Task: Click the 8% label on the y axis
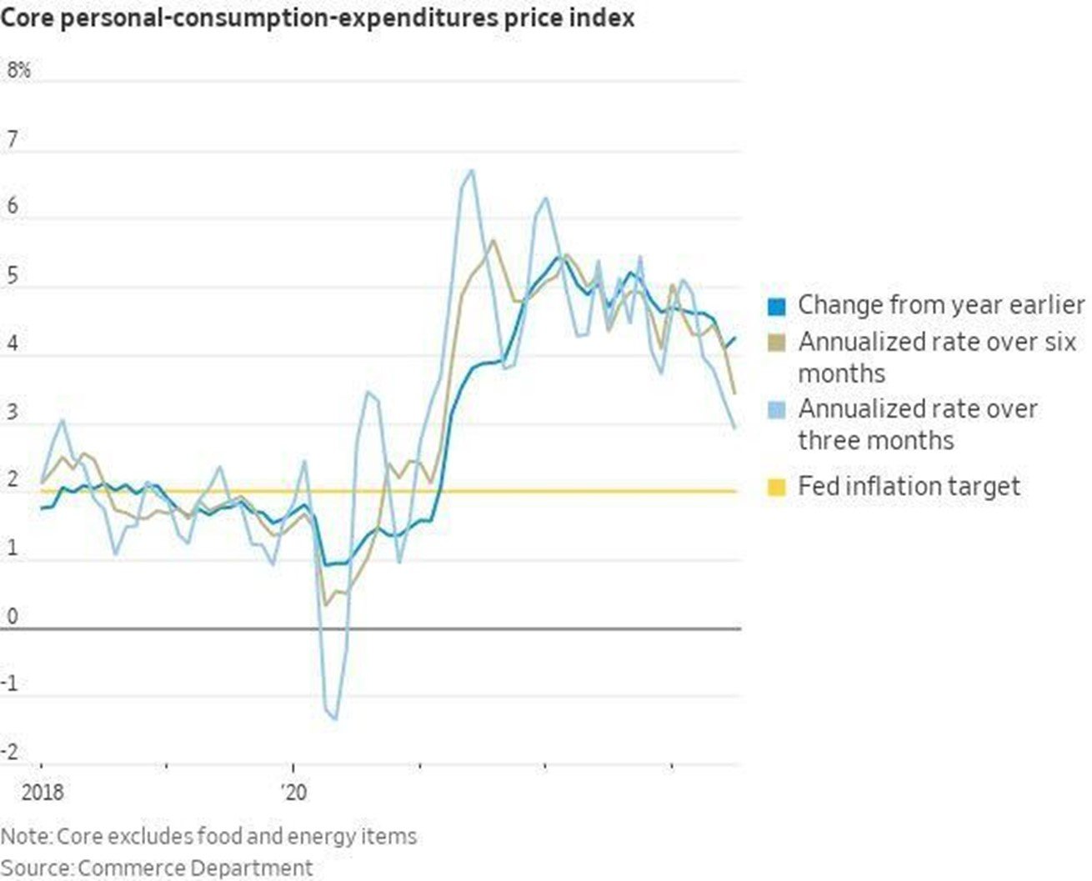18,71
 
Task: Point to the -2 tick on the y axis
10,753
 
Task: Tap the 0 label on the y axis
12,617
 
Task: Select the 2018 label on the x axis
42,791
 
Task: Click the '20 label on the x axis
293,791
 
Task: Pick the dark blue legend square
776,306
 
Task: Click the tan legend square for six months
776,343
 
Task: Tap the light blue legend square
776,410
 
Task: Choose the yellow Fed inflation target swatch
776,487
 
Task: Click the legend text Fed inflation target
909,486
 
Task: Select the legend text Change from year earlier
941,305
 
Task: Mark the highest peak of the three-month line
473,171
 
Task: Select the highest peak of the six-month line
493,240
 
